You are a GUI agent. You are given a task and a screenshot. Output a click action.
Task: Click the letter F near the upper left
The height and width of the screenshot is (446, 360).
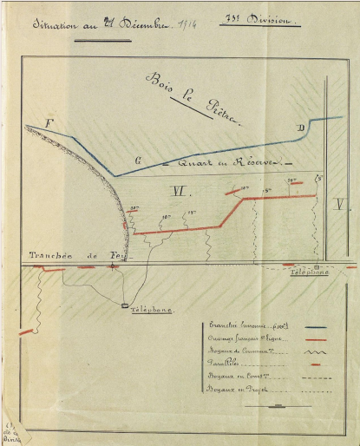[x=49, y=124]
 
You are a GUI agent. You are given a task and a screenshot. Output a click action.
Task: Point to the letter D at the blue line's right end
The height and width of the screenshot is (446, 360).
[x=300, y=129]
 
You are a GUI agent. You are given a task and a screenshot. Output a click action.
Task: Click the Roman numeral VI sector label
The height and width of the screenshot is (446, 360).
[x=180, y=190]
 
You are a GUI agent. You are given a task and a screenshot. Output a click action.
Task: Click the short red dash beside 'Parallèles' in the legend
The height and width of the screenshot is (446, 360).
[x=316, y=366]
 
